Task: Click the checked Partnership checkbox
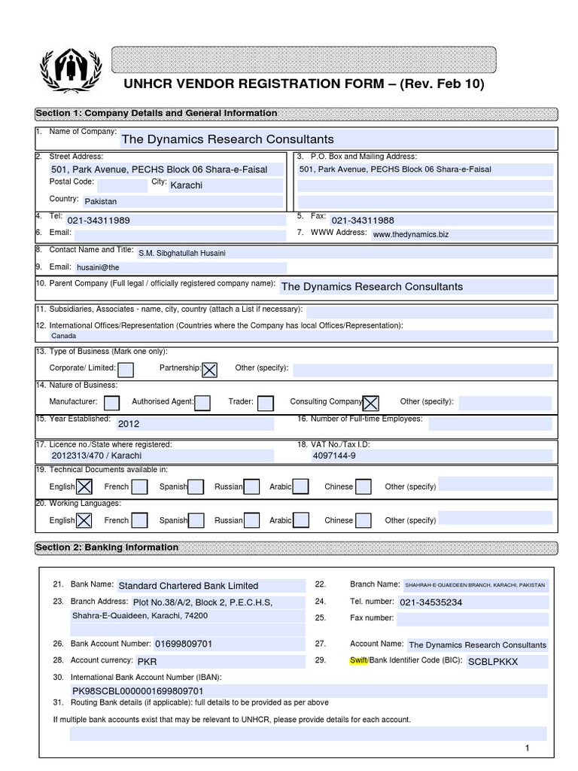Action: coord(210,369)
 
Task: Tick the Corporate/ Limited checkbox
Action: coord(126,369)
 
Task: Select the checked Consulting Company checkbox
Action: coord(371,402)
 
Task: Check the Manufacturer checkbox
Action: coord(111,402)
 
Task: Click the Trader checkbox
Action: coord(265,402)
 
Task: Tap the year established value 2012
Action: coord(129,423)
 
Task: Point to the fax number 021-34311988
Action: coord(363,220)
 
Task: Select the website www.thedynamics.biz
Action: coord(410,235)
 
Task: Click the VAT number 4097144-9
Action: coord(334,456)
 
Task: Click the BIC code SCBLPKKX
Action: coord(493,662)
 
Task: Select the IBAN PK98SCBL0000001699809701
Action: coord(137,690)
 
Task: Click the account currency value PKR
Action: coord(147,662)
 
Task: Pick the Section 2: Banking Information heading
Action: coord(107,547)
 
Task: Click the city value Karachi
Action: coord(187,185)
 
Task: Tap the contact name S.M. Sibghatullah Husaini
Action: coord(181,253)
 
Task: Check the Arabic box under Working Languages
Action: coord(300,520)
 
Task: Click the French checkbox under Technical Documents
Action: coord(138,486)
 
